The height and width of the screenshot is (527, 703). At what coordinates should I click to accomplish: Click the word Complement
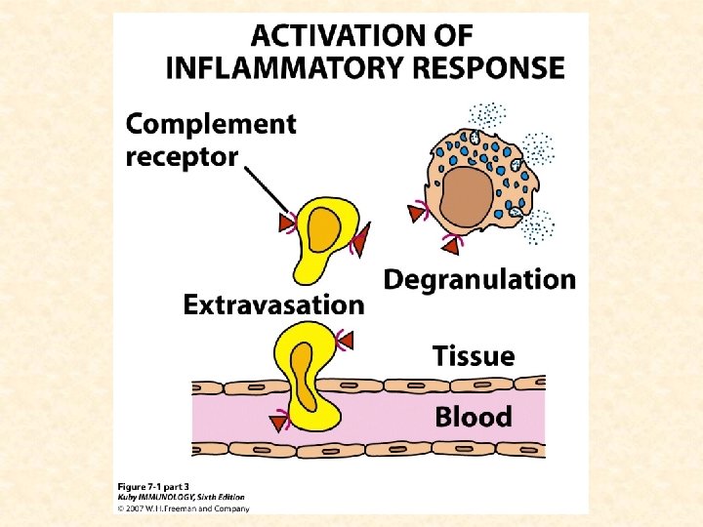click(211, 125)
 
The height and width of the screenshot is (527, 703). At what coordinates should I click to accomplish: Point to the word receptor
click(183, 156)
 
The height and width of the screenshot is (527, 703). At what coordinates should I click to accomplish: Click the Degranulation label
click(479, 280)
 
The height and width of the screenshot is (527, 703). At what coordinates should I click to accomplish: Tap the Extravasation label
click(273, 305)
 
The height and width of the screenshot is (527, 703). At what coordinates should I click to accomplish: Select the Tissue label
click(474, 356)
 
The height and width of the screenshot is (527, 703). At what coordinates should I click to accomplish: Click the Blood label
click(473, 418)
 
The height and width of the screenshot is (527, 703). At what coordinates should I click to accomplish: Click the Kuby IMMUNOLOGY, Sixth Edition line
click(183, 497)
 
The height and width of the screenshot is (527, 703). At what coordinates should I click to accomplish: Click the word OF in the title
click(451, 36)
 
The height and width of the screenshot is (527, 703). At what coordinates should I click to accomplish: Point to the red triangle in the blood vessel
click(280, 422)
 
